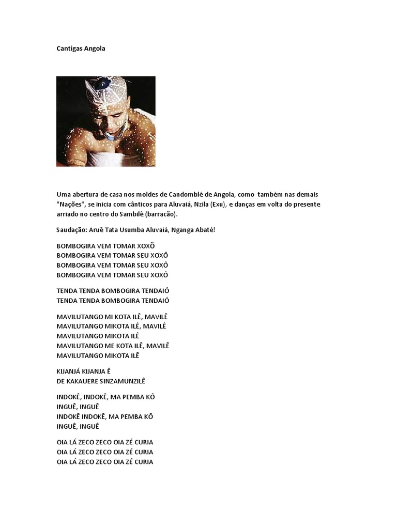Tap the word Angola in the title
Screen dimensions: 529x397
tap(95, 49)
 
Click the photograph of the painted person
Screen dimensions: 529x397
tap(105, 121)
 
